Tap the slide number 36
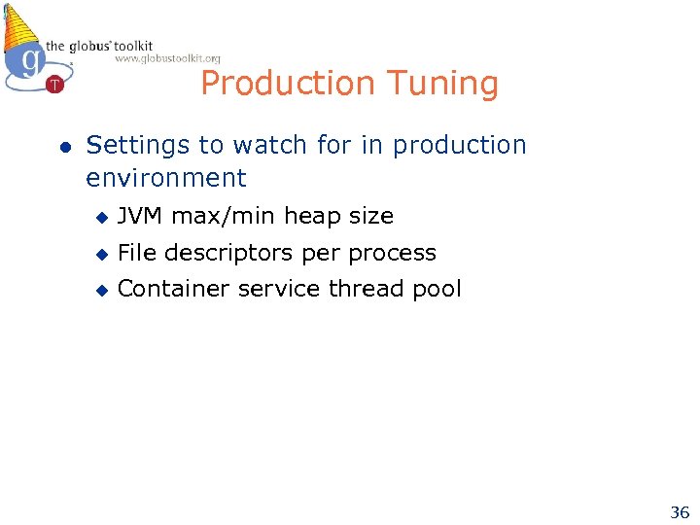pos(679,511)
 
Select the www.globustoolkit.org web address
pos(167,59)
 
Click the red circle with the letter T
pos(54,85)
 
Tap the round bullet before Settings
pos(64,147)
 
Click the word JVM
pos(140,216)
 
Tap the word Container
pos(167,289)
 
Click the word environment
pos(166,178)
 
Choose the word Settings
pos(138,146)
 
